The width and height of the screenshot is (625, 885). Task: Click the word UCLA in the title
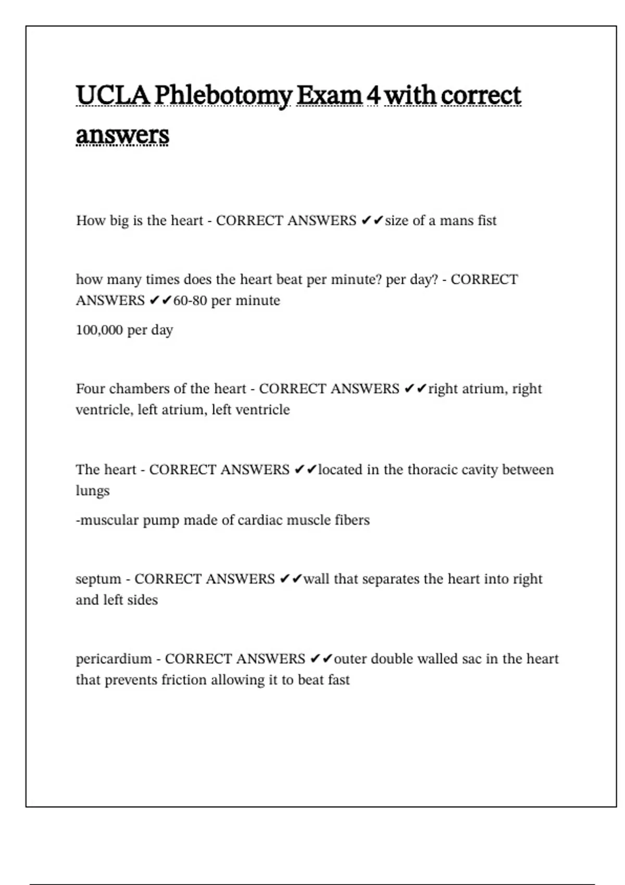click(x=113, y=95)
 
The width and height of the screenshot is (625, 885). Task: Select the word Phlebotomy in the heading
click(x=223, y=96)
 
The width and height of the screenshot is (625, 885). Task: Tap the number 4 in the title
click(x=372, y=95)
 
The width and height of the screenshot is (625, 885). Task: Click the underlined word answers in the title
click(x=122, y=135)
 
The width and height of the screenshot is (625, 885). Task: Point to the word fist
click(x=487, y=221)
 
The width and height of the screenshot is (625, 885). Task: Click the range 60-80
click(x=190, y=301)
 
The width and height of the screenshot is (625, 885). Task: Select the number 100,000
click(x=99, y=330)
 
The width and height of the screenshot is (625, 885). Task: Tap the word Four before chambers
click(x=91, y=389)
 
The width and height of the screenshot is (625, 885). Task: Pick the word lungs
click(x=93, y=491)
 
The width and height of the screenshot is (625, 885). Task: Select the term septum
click(x=98, y=579)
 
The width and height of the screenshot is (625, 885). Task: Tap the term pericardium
click(x=114, y=659)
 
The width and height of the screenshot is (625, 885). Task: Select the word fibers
click(x=353, y=520)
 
